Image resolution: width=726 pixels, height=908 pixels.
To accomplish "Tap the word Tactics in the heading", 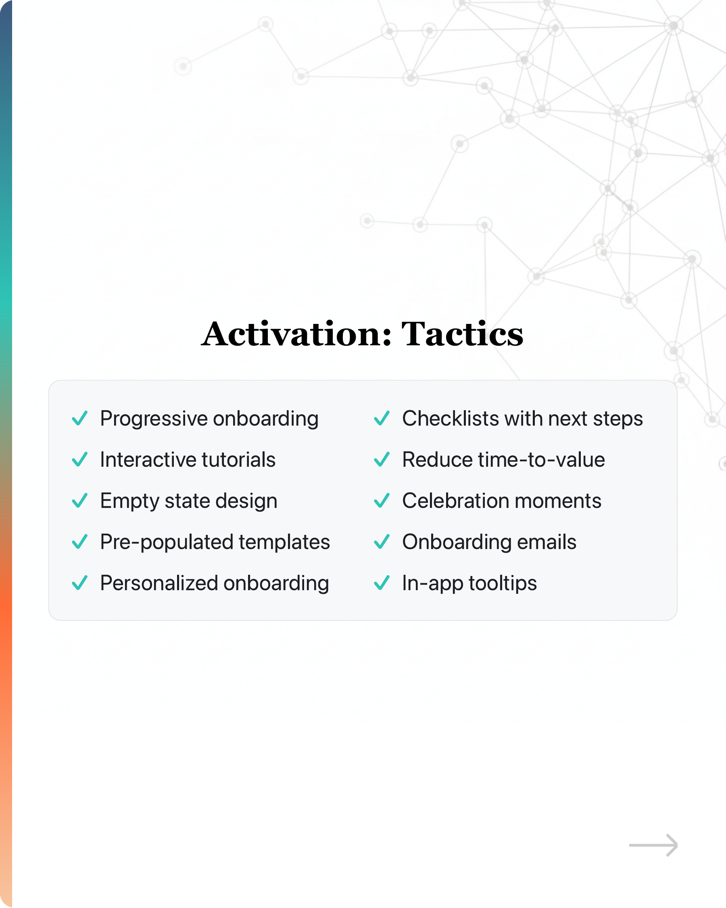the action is (x=462, y=334).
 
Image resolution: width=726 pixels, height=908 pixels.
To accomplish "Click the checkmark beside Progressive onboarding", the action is (x=79, y=418).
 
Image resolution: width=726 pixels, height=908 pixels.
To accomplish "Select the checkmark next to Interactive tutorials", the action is (x=79, y=459).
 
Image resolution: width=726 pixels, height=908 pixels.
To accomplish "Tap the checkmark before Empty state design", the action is (x=79, y=501).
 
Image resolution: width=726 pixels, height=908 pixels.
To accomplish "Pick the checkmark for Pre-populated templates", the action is (x=79, y=542).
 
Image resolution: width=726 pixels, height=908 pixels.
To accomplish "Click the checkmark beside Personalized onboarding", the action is (x=79, y=583).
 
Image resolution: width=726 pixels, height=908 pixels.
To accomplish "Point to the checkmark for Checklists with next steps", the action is (x=382, y=418).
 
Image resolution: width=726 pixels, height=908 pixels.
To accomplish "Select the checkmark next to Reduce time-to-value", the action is (x=382, y=459).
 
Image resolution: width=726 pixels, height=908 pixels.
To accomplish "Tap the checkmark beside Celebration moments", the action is (x=382, y=501).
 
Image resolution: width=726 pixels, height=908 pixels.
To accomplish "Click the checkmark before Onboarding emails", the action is (x=382, y=542).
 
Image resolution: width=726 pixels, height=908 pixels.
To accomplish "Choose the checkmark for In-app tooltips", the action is (x=382, y=583).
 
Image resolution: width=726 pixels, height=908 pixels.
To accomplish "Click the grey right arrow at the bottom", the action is (x=653, y=845).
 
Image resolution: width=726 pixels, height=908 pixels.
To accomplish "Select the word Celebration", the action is (x=456, y=501).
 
